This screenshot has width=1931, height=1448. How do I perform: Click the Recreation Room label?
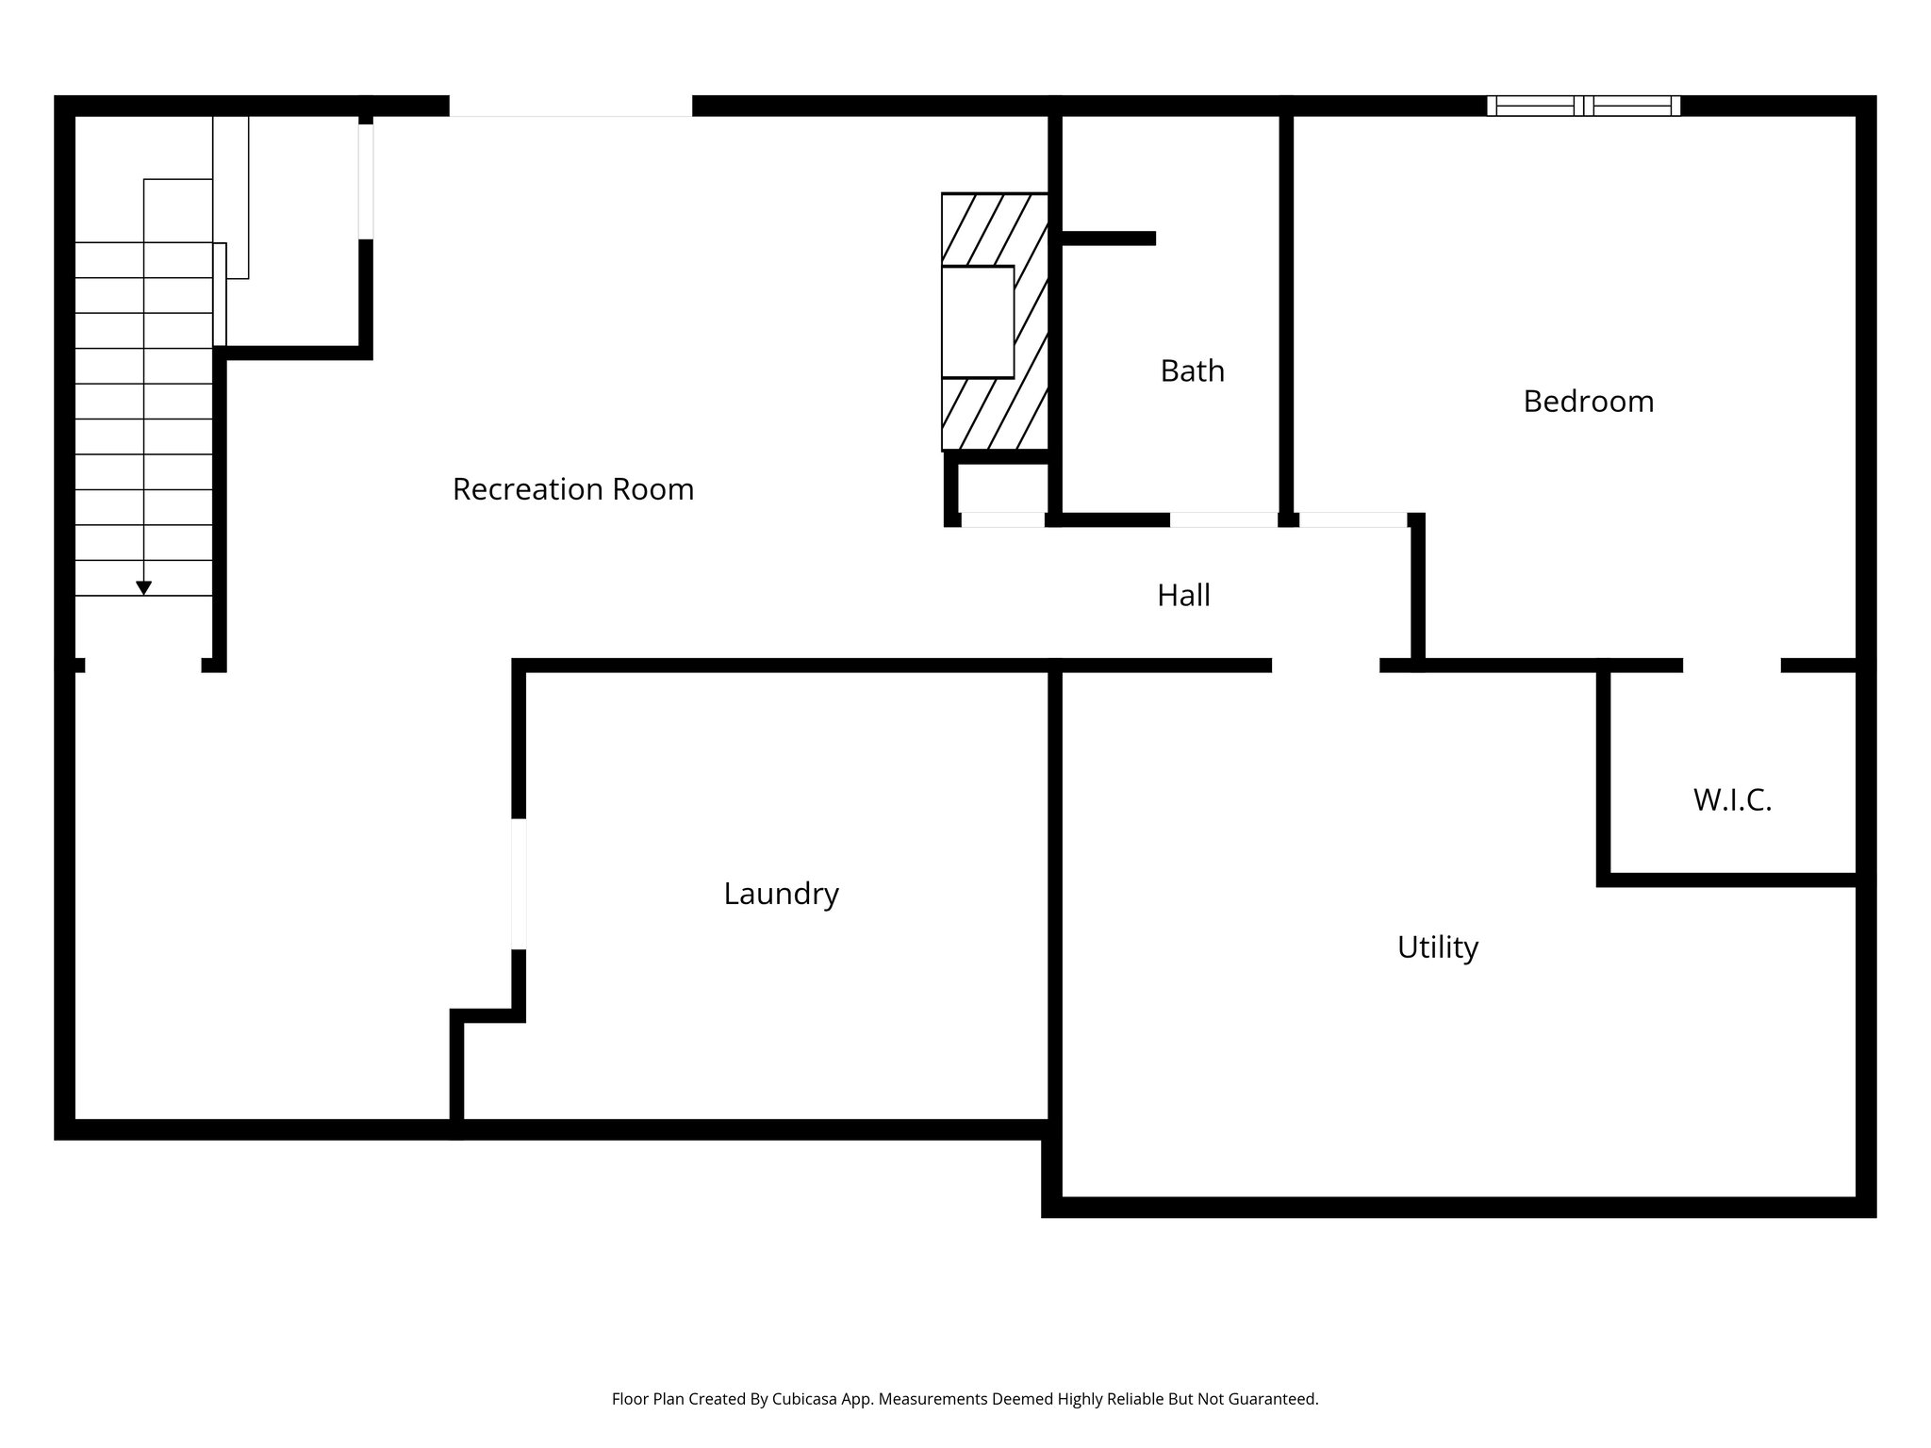[573, 489]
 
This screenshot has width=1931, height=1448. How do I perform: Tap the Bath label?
[1192, 371]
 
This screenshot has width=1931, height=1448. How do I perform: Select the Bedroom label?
[1588, 402]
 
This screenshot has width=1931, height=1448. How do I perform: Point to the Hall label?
[1183, 595]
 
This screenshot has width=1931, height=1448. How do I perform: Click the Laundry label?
[781, 894]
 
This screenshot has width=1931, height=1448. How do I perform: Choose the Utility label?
[1437, 946]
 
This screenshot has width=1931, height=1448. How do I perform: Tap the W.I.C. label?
[1732, 800]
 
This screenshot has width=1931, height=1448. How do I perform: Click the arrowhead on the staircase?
[143, 588]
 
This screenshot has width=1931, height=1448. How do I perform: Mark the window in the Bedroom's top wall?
[1583, 106]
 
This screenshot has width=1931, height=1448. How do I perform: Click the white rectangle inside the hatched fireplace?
[978, 321]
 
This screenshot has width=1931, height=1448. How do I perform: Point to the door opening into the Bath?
[1224, 519]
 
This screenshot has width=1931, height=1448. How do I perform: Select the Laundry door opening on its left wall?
[519, 883]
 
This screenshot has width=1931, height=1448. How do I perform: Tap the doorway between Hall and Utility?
[1326, 666]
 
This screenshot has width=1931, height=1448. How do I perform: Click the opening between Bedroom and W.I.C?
[1731, 666]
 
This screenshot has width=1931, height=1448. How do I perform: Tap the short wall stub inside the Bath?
[1109, 239]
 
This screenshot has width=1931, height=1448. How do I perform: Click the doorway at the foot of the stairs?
[143, 666]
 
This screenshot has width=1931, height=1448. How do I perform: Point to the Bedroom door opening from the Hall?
[1353, 519]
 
